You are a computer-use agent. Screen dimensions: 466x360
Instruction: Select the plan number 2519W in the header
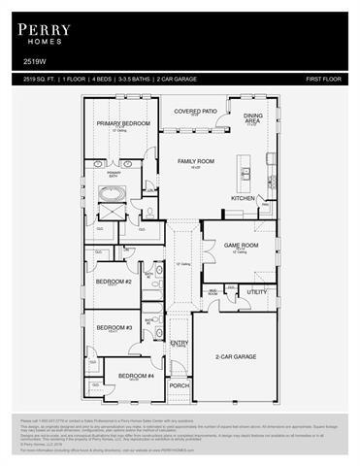pos(33,60)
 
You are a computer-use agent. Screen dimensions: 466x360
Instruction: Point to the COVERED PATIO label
pos(194,112)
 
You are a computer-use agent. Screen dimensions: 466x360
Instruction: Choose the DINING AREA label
pos(251,117)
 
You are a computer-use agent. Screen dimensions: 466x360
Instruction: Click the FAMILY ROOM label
pos(194,161)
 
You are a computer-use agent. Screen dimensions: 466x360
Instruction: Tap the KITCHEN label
pos(243,198)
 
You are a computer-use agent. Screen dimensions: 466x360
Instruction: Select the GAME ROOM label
pos(241,246)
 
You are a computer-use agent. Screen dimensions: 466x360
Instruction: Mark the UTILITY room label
pos(256,291)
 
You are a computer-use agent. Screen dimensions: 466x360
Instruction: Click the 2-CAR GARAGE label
pos(236,356)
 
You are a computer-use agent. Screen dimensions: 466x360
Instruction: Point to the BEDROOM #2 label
pos(114,282)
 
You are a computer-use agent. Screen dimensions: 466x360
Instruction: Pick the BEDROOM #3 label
pos(114,327)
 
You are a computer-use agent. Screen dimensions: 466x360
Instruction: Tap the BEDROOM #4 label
pos(136,375)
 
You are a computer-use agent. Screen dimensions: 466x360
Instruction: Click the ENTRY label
pos(180,342)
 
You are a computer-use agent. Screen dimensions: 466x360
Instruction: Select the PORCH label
pos(180,385)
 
